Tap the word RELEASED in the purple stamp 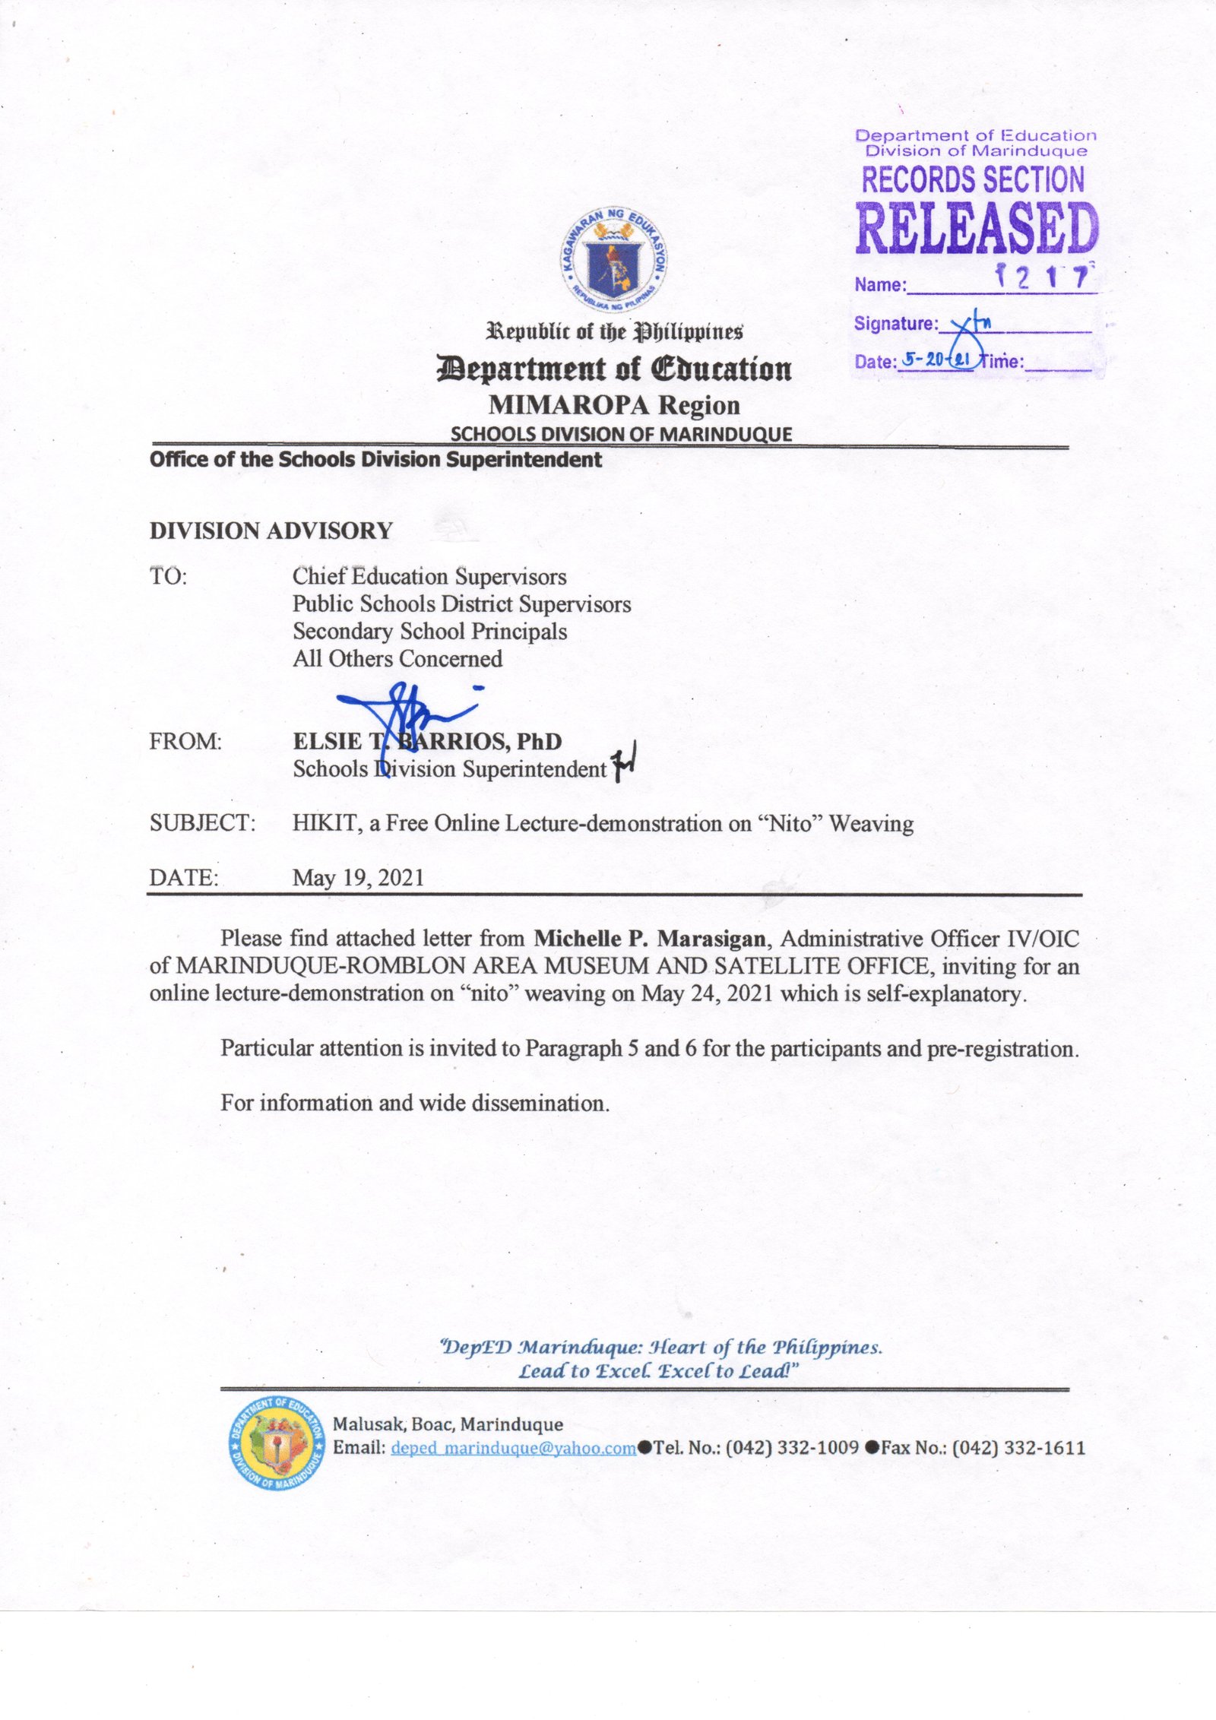pyautogui.click(x=977, y=228)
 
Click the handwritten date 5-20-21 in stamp pyautogui.click(x=936, y=360)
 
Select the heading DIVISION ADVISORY pyautogui.click(x=271, y=531)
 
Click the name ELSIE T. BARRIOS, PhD pyautogui.click(x=427, y=741)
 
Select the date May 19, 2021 pyautogui.click(x=358, y=878)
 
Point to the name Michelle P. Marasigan pyautogui.click(x=649, y=939)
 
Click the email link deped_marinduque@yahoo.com pyautogui.click(x=513, y=1448)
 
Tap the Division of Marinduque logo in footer pyautogui.click(x=276, y=1447)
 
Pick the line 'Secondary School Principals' pyautogui.click(x=429, y=632)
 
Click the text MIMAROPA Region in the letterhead pyautogui.click(x=614, y=405)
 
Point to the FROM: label pyautogui.click(x=185, y=741)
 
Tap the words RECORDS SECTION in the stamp pyautogui.click(x=973, y=180)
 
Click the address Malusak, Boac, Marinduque pyautogui.click(x=448, y=1424)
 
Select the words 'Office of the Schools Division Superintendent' pyautogui.click(x=375, y=460)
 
